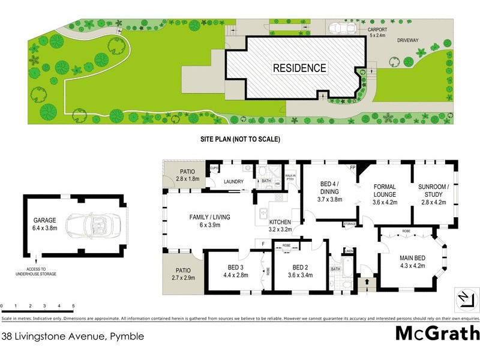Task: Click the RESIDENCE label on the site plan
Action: coord(299,68)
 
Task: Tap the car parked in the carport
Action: coord(340,28)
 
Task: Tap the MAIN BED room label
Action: coord(412,262)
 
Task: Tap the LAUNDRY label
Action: coord(232,181)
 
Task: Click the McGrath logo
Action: coord(437,333)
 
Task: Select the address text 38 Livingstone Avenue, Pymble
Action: coord(73,337)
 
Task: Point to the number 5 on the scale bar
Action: coord(73,306)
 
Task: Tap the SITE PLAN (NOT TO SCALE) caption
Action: coord(240,139)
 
